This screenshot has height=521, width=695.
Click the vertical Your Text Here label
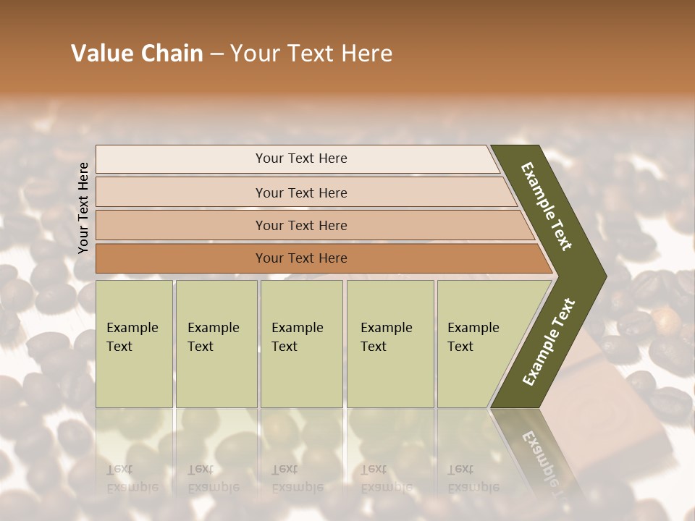83,208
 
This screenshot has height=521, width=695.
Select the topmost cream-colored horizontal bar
300,158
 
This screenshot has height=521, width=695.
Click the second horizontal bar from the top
300,192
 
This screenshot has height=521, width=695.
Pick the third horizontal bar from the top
300,225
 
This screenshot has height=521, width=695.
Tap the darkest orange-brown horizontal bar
300,258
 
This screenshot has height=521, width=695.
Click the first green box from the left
134,344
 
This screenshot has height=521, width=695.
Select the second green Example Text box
216,344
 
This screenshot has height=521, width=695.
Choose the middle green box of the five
301,344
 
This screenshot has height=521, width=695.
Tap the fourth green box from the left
389,344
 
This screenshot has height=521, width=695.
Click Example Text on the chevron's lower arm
549,342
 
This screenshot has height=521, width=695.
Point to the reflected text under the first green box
132,478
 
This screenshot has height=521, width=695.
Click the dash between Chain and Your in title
216,54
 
